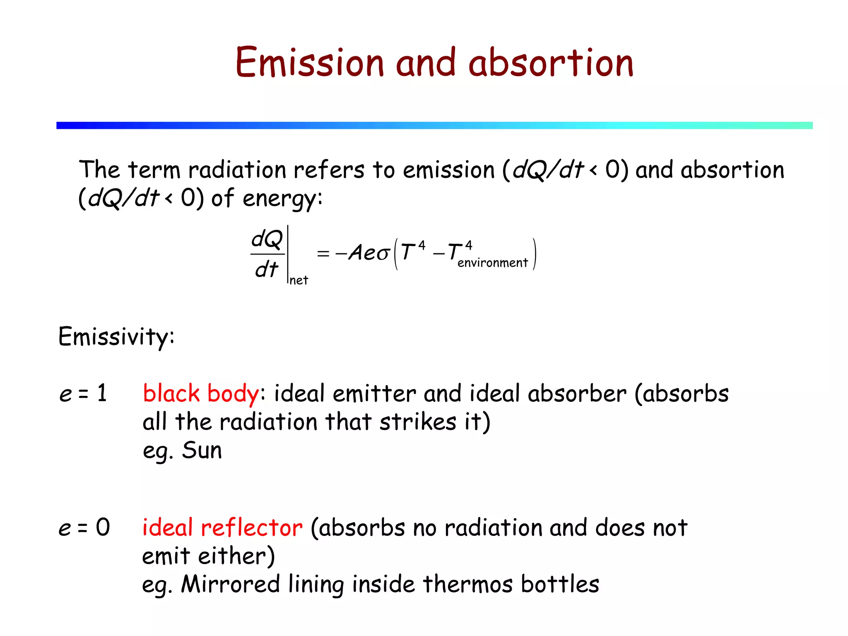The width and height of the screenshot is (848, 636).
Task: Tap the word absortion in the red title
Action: click(x=551, y=63)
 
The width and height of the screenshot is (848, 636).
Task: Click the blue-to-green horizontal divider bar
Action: click(x=434, y=125)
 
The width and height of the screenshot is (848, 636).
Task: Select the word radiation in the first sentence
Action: click(x=237, y=170)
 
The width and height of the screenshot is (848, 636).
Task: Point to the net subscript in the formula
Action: click(x=299, y=281)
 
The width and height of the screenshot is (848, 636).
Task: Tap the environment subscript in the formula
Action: click(x=492, y=263)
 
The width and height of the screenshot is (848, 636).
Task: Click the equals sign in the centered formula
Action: click(x=323, y=253)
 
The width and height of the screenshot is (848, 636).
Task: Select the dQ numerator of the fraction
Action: click(x=267, y=239)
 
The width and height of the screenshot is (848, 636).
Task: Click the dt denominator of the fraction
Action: click(x=267, y=270)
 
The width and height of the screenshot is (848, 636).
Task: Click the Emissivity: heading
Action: click(x=116, y=337)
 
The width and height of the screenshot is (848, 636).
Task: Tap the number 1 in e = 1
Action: click(x=102, y=393)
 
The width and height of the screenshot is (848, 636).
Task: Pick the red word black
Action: click(x=171, y=393)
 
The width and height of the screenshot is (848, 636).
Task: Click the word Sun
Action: click(x=202, y=450)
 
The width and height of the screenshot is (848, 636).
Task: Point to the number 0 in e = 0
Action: click(x=103, y=528)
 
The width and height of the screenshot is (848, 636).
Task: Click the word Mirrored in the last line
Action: click(x=231, y=584)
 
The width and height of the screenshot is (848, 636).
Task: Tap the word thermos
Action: click(x=467, y=584)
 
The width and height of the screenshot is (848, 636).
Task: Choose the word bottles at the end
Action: click(x=560, y=584)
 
